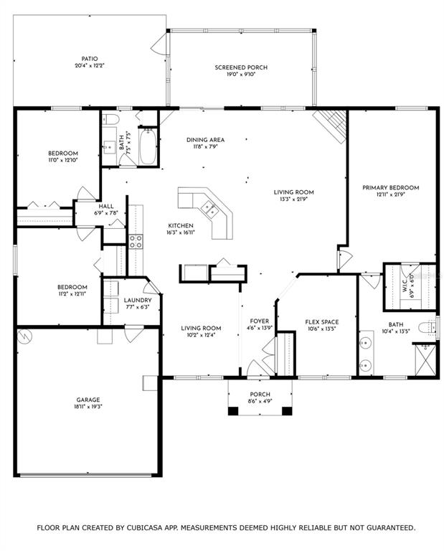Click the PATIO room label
[x=90, y=59]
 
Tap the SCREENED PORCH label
[x=241, y=67]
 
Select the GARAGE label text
[x=88, y=400]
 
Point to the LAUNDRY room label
[x=138, y=300]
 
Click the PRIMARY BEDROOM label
[x=391, y=188]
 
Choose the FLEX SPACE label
[x=322, y=322]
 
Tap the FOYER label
[x=259, y=321]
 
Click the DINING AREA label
[x=205, y=140]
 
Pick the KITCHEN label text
[x=181, y=225]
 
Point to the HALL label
[x=106, y=207]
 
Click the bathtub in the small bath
[x=148, y=146]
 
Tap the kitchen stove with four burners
[x=136, y=241]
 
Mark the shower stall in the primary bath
[x=425, y=360]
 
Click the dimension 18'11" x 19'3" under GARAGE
[x=88, y=407]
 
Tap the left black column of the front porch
[x=233, y=410]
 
